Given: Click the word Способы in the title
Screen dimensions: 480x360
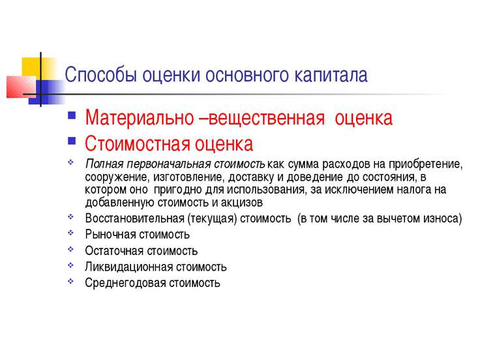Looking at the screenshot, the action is click(x=100, y=75).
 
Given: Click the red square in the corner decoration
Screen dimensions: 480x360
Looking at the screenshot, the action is click(x=21, y=87).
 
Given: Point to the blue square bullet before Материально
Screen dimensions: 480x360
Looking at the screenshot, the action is click(x=72, y=115).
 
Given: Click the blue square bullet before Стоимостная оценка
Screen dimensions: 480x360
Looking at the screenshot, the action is click(x=72, y=140).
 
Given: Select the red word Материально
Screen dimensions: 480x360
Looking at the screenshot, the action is click(x=140, y=117).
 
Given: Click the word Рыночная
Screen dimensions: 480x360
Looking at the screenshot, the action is click(x=110, y=235).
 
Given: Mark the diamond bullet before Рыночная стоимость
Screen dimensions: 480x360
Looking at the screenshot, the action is click(x=70, y=233).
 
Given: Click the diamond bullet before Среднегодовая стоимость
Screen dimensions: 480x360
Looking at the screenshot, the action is click(x=70, y=281).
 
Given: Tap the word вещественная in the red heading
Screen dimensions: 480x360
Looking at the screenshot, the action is click(x=266, y=118).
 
